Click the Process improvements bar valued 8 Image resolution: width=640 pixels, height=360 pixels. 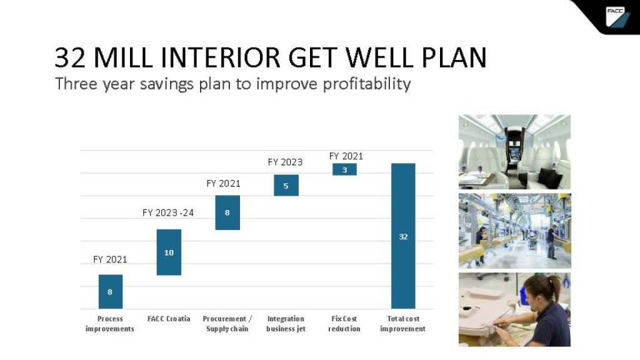110,291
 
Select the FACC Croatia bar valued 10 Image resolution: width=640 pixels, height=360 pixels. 169,252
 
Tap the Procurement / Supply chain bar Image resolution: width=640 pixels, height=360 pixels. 227,212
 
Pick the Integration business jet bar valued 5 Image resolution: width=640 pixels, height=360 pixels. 286,185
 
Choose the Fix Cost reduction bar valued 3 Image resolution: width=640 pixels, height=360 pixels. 344,169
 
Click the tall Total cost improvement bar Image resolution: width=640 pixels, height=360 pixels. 403,236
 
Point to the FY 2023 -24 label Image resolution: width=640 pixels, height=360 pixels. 167,212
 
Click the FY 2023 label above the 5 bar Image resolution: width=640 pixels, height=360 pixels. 285,162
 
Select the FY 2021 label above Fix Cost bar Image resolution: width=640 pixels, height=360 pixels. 346,156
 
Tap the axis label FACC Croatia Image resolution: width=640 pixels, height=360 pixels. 169,319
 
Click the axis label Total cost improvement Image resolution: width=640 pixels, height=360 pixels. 403,324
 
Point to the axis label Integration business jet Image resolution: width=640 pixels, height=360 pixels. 286,324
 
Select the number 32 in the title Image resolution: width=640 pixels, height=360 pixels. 70,57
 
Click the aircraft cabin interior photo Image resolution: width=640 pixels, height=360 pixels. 515,152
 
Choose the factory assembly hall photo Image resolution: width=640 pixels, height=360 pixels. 515,231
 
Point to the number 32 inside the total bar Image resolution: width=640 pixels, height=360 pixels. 403,237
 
